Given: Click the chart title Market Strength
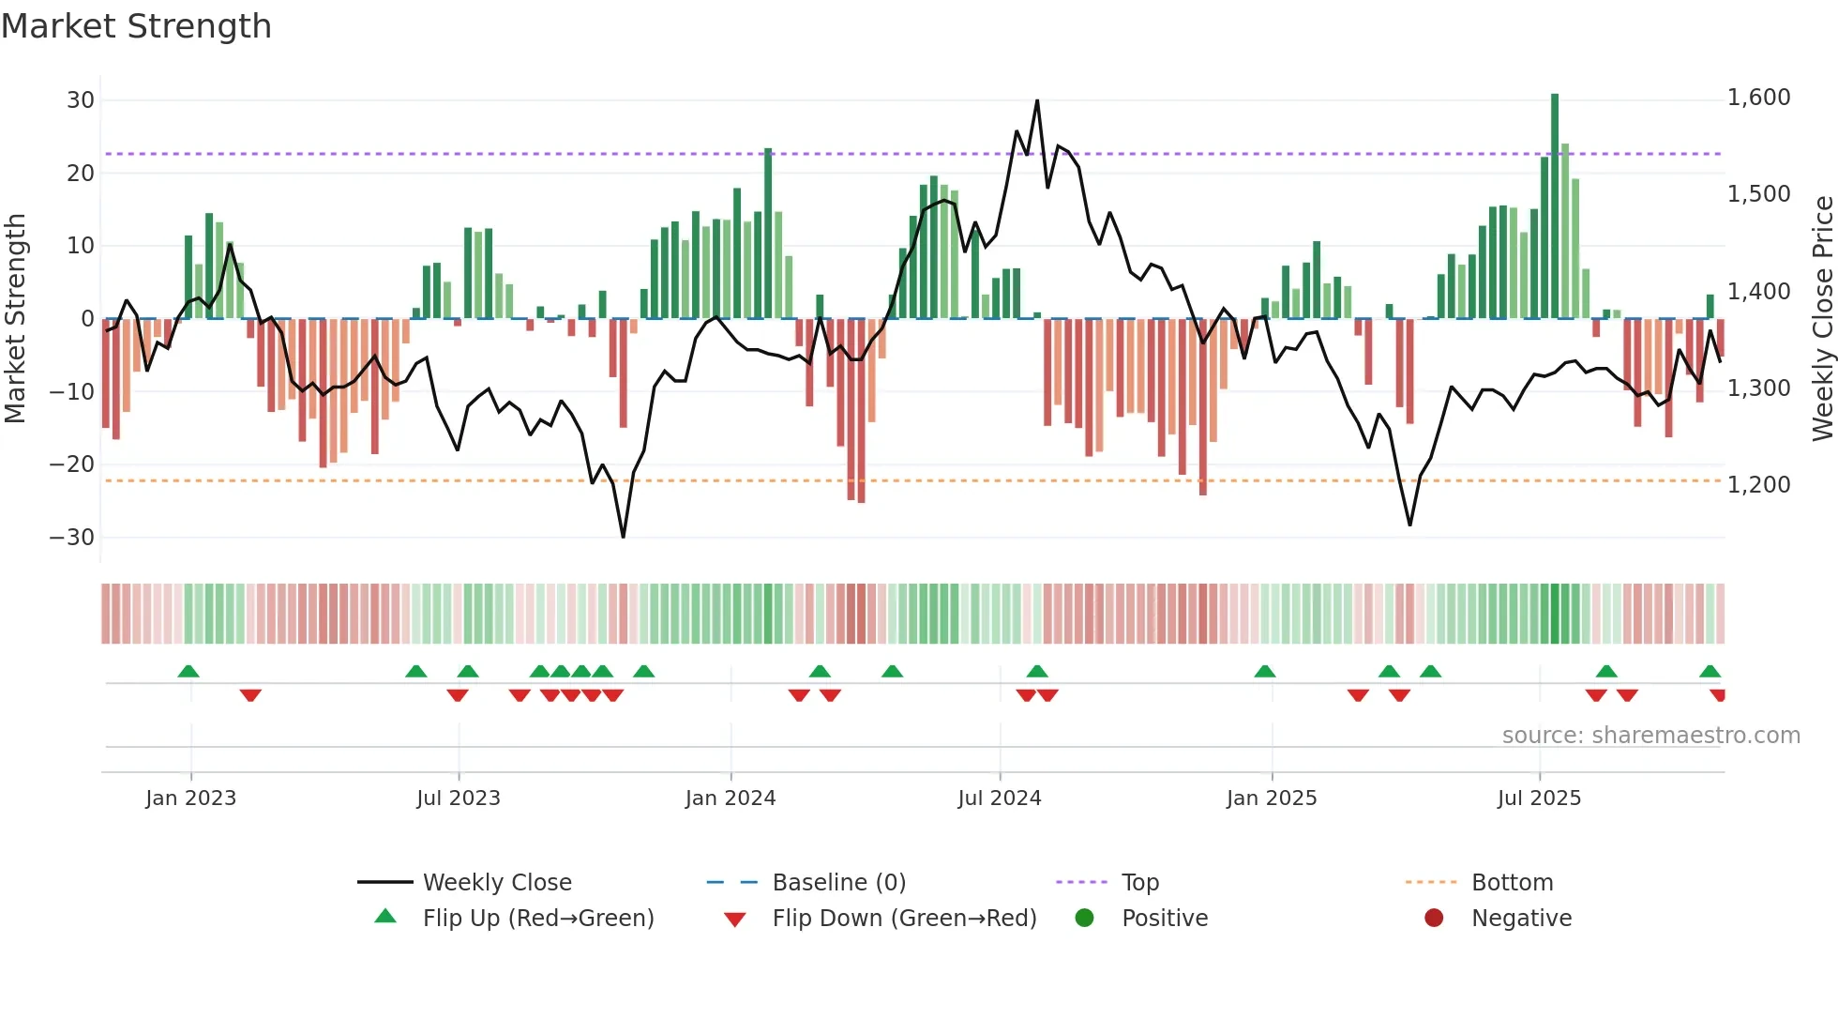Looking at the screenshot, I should point(136,26).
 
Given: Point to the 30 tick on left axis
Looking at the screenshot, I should point(81,100).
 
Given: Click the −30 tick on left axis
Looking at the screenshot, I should point(72,538).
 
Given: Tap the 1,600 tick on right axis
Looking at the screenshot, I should point(1758,98).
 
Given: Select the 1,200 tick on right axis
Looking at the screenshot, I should point(1758,485).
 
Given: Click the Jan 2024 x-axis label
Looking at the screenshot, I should point(730,798).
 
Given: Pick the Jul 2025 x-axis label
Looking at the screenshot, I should point(1538,798).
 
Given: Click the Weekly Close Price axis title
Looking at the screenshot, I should point(1822,318).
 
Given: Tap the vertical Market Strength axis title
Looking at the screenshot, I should point(16,318).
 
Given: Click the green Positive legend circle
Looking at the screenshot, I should point(1084,919).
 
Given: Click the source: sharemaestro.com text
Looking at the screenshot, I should point(1650,736).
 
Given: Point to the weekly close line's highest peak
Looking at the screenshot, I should point(1036,100).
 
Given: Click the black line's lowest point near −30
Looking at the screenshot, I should point(623,537).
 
